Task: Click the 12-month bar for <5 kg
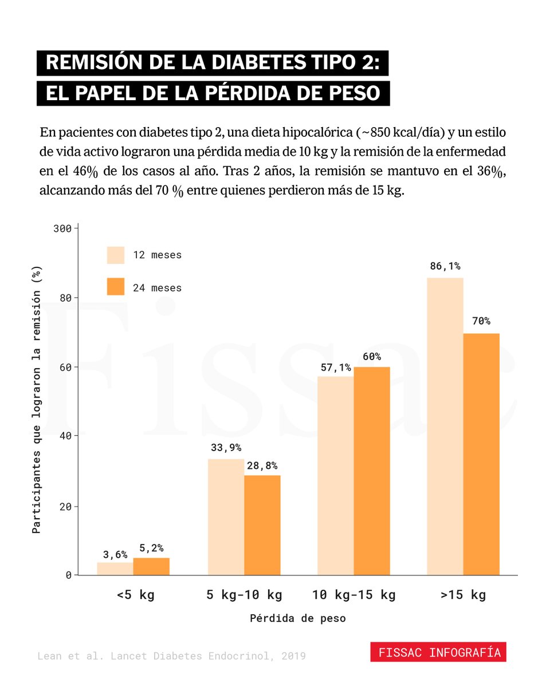pyautogui.click(x=115, y=568)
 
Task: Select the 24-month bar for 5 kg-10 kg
pyautogui.click(x=262, y=525)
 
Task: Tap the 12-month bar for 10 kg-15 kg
pyautogui.click(x=336, y=475)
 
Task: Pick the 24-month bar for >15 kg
pyautogui.click(x=481, y=454)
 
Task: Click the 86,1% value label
pyautogui.click(x=445, y=266)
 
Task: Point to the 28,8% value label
pyautogui.click(x=262, y=465)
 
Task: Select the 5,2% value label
pyautogui.click(x=151, y=548)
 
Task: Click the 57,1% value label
pyautogui.click(x=336, y=366)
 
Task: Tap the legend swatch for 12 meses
pyautogui.click(x=116, y=255)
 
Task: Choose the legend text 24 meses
pyautogui.click(x=157, y=288)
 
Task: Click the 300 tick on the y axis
pyautogui.click(x=62, y=228)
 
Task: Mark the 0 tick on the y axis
pyautogui.click(x=68, y=575)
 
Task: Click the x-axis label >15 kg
pyautogui.click(x=463, y=595)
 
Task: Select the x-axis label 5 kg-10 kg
pyautogui.click(x=244, y=595)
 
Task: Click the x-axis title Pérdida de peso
pyautogui.click(x=297, y=618)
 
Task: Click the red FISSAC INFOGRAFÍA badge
pyautogui.click(x=438, y=652)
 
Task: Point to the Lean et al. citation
pyautogui.click(x=171, y=656)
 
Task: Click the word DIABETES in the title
pyautogui.click(x=246, y=63)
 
